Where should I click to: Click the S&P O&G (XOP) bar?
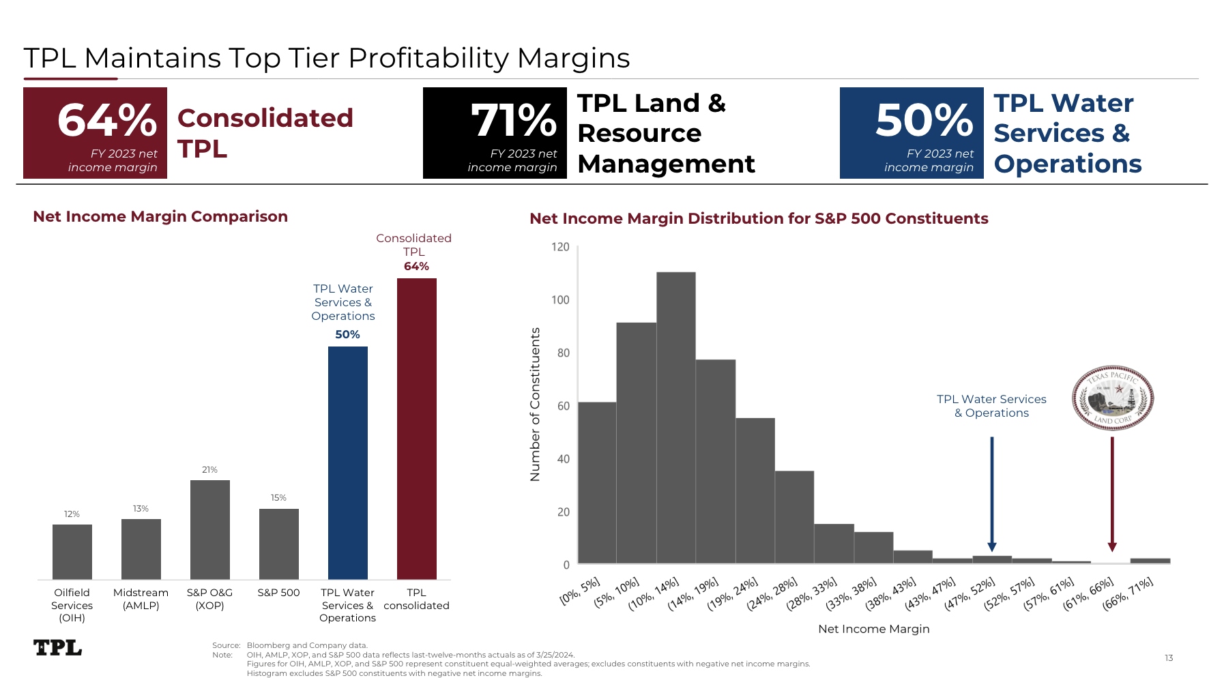tap(210, 530)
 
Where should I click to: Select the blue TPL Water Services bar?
tap(348, 463)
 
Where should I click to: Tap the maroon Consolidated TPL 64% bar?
tap(417, 429)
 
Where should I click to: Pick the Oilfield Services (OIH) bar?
tap(72, 552)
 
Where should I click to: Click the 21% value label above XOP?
tap(209, 470)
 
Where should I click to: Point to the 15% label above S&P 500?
tap(278, 498)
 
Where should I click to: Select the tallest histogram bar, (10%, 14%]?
tap(676, 418)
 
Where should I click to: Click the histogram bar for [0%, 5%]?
tap(597, 483)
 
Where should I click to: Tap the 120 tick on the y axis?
tap(560, 247)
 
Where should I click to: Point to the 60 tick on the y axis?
tap(563, 406)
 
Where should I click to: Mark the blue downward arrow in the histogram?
tap(992, 494)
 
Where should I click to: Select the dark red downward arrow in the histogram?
tap(1112, 494)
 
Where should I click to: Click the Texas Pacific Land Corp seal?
tap(1113, 398)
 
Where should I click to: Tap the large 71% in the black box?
tap(514, 121)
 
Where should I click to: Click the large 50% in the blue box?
tap(924, 120)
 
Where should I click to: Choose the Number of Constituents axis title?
tap(535, 404)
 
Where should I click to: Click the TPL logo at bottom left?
tap(58, 647)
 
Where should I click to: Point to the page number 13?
tap(1169, 658)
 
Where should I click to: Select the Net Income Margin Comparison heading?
tap(160, 217)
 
